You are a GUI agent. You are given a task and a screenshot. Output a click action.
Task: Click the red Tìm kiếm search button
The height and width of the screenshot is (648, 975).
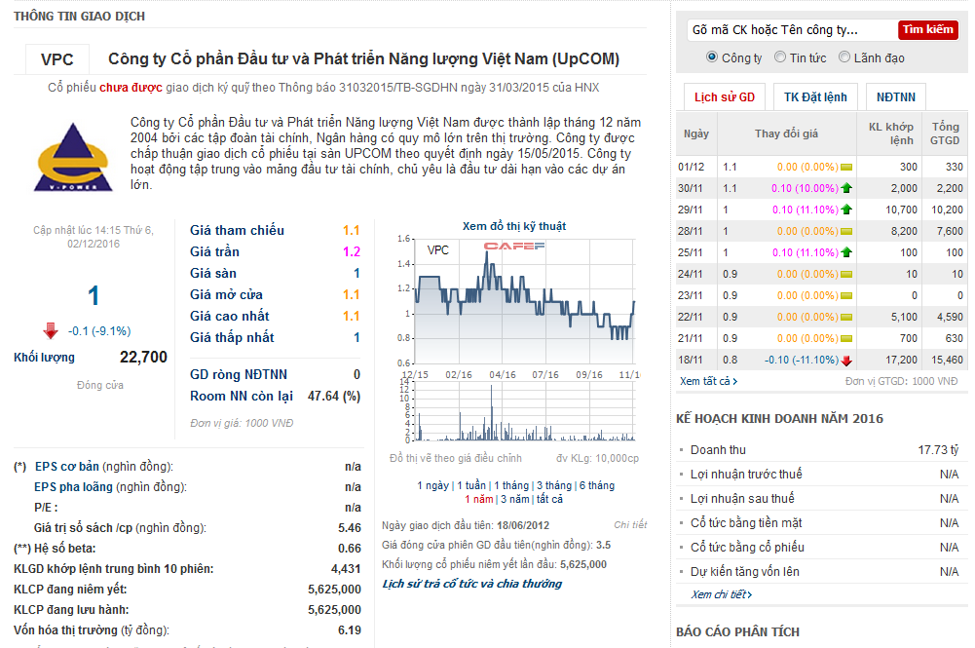point(927,30)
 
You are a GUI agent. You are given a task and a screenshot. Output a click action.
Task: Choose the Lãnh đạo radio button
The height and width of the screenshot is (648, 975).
point(844,57)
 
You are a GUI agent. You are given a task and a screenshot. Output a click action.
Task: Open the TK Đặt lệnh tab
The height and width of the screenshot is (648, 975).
point(815,97)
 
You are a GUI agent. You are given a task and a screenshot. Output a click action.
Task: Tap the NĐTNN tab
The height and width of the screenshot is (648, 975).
point(895,97)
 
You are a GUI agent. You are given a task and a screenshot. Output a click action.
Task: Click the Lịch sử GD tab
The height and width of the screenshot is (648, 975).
point(724,97)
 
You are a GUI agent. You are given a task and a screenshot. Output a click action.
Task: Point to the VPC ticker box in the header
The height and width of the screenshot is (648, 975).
point(57,59)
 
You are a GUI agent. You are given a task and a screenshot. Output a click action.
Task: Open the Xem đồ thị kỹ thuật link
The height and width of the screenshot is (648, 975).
point(513,226)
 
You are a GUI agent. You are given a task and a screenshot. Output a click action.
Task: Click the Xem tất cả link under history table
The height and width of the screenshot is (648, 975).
point(704,381)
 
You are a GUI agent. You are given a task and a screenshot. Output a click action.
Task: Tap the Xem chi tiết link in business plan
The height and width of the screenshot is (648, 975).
point(721,594)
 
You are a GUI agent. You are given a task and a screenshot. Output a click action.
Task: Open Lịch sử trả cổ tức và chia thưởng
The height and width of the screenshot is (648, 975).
point(472,584)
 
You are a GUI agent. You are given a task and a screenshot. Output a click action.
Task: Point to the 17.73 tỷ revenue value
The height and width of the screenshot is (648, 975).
point(938,450)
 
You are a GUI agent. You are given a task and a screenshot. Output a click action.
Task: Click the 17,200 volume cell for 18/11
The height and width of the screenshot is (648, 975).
point(902,360)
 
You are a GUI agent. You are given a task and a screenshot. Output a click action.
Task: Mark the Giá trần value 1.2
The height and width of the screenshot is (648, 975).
point(351,251)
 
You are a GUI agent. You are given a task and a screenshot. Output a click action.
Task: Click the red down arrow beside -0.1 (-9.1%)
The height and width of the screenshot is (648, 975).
point(51,330)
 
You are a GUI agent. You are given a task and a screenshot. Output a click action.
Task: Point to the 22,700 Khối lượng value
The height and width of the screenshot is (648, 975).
point(143,357)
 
